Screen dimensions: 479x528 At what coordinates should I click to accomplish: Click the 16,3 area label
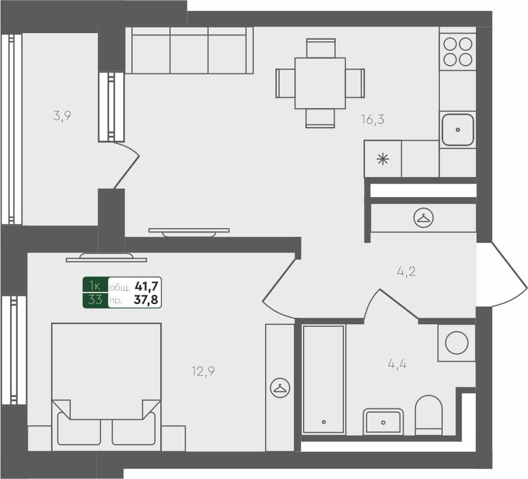point(372,119)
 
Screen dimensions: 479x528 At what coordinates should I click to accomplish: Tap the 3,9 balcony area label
point(62,116)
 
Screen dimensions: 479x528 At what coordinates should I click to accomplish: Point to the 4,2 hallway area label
point(406,272)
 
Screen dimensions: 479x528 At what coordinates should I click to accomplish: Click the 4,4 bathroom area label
point(397,364)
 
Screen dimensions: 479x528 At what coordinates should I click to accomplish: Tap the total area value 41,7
point(146,286)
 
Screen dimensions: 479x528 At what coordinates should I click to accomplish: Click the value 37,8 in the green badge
point(146,300)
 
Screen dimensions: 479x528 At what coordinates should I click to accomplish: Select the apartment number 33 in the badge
point(95,300)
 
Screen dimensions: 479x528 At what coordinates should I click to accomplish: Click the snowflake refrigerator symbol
point(383,159)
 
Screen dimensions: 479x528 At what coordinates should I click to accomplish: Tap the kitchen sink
point(457,130)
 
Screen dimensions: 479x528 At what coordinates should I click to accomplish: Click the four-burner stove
point(457,51)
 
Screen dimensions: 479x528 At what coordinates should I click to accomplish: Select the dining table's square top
point(320,83)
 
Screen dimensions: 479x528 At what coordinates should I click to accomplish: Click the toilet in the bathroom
point(429,415)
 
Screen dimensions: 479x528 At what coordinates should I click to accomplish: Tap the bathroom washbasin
point(384,421)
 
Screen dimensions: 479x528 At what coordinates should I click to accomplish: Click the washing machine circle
point(456,343)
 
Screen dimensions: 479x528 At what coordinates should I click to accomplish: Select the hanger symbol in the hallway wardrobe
point(423,218)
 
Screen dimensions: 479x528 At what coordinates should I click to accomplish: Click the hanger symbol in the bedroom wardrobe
point(280,388)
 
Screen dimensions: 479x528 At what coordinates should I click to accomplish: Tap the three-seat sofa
point(190,51)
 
